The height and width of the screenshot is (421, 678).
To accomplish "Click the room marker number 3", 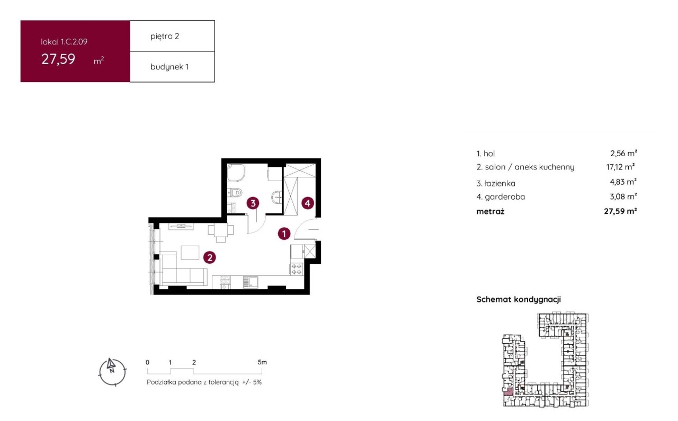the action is (253, 203).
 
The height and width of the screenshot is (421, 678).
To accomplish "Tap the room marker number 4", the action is (308, 203).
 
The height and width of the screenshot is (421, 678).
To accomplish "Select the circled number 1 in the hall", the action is (284, 234).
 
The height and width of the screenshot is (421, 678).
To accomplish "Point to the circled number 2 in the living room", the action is (209, 257).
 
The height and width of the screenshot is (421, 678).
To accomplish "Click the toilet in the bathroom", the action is (235, 192).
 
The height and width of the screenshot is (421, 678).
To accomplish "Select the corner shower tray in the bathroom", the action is (236, 173).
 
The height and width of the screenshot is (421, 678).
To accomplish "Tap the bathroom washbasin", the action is (276, 198).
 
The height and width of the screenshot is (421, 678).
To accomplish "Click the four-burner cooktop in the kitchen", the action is (296, 269).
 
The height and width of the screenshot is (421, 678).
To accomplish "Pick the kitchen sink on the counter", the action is (251, 282).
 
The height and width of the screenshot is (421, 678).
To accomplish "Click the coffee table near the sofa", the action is (190, 253).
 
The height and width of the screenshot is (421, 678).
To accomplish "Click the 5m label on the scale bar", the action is (262, 362).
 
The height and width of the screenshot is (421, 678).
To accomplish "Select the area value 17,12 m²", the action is (620, 167).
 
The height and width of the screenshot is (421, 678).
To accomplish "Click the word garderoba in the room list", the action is (505, 196).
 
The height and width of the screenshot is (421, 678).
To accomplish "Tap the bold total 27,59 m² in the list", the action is (620, 211).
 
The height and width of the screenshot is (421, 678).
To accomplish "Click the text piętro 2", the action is (165, 37).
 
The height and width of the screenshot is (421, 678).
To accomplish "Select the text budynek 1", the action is (169, 67).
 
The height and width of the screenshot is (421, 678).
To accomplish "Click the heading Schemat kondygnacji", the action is (519, 299).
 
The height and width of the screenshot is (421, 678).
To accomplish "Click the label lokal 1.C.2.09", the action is (64, 42).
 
